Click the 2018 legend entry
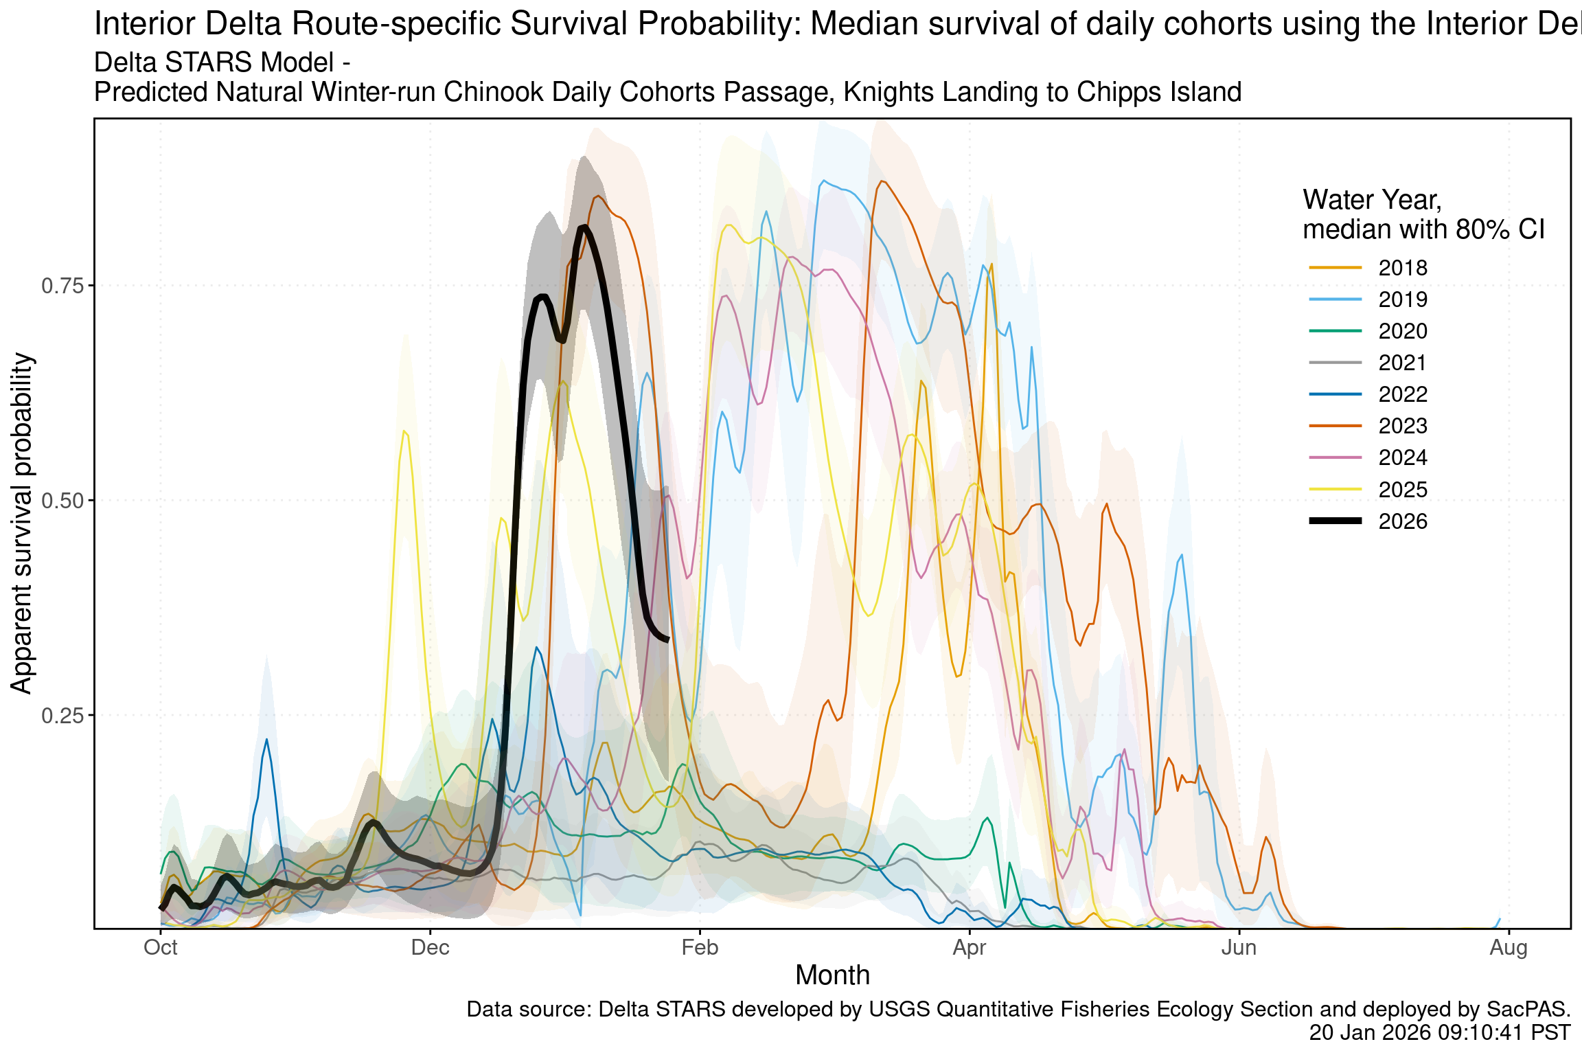pos(1402,268)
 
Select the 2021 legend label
pos(1402,363)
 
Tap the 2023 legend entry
pos(1402,426)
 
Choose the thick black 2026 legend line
pos(1335,521)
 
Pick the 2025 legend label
pos(1402,490)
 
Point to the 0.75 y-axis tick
pos(62,286)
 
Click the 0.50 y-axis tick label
pos(62,501)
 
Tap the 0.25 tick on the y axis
pos(62,716)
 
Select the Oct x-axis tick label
pos(161,948)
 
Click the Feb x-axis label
pos(700,948)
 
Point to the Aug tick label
pos(1509,948)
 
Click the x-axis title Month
pos(832,975)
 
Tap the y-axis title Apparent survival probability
pos(22,523)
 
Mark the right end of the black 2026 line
pos(667,639)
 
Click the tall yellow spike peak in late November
pos(404,431)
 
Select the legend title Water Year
pos(1372,200)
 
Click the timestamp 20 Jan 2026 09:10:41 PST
pos(1439,1033)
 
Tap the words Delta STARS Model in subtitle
pos(214,63)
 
